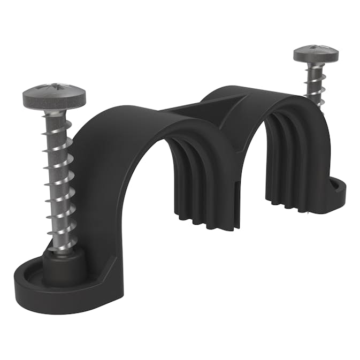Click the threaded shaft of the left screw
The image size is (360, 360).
(60, 177)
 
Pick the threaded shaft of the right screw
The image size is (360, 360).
(316, 86)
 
